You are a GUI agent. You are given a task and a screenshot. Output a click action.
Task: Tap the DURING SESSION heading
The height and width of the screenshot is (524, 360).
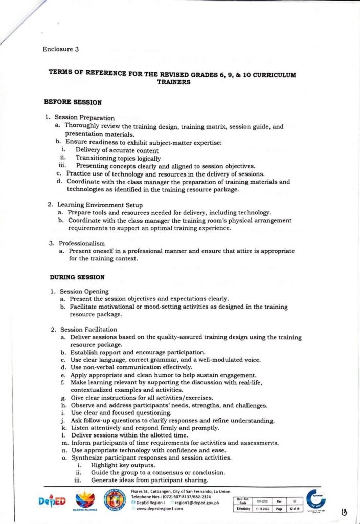click(x=77, y=277)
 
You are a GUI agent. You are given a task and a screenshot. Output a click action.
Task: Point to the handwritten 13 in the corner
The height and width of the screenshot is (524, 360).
click(x=344, y=511)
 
